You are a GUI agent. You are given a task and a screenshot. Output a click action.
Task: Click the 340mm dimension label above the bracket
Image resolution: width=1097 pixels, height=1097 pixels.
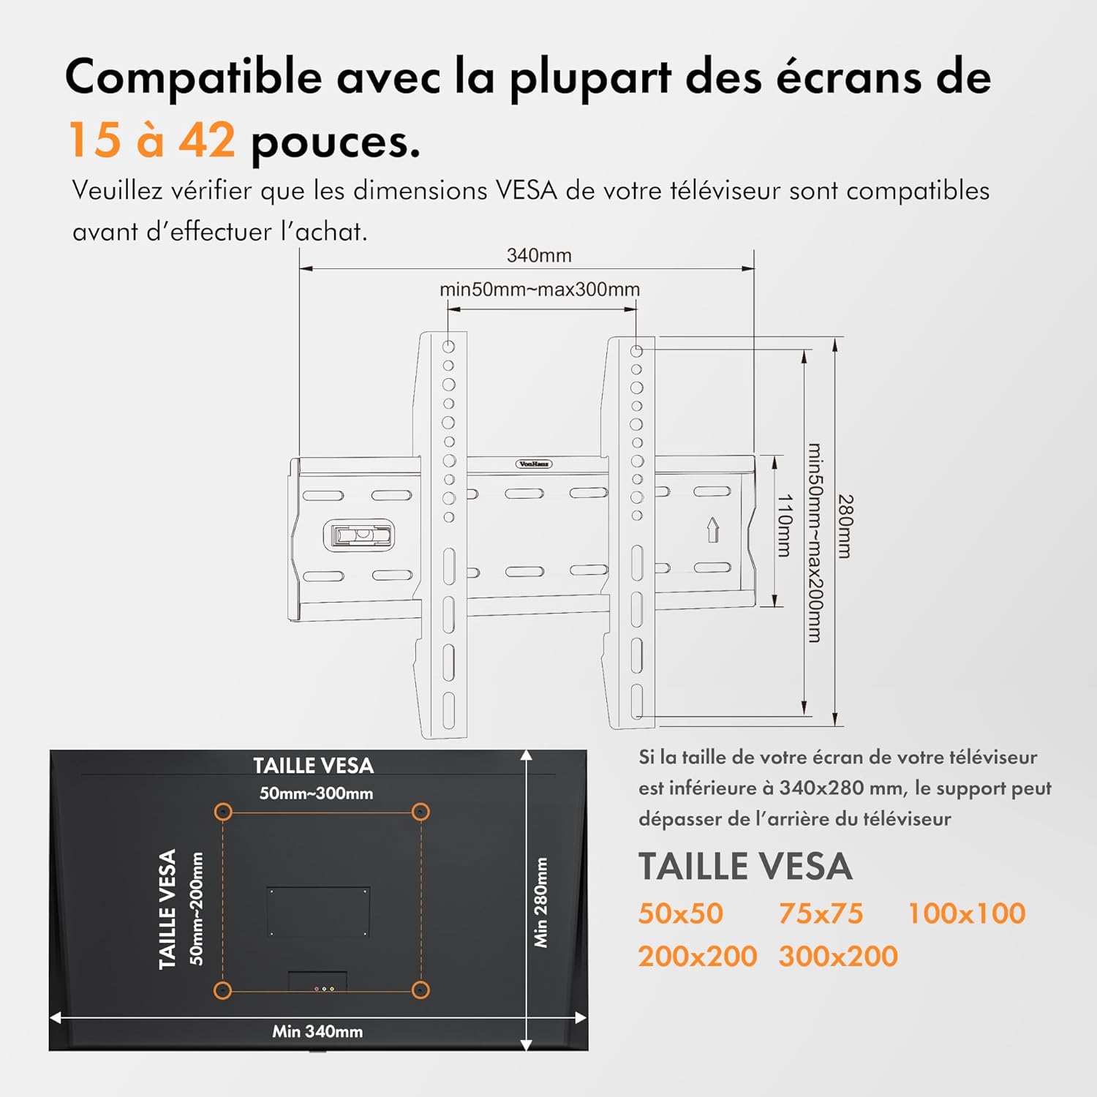coord(539,256)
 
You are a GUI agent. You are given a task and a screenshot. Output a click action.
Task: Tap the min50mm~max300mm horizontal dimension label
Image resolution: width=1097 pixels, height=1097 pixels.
coord(540,290)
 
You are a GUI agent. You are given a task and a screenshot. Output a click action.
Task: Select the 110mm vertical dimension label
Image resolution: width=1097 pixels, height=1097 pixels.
coord(784,525)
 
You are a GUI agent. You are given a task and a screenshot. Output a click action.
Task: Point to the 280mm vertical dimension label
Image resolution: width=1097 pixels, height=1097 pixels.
coord(845,527)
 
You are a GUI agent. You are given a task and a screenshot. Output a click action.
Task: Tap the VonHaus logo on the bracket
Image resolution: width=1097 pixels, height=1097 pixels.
coord(534,464)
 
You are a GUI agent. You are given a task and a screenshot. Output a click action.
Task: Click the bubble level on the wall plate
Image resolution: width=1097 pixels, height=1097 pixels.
coord(358,535)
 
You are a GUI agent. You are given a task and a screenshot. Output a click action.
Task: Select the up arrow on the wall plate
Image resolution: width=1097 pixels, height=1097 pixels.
coord(713,529)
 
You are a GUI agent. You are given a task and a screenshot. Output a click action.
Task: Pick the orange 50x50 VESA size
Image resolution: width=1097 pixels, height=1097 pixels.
coord(680,913)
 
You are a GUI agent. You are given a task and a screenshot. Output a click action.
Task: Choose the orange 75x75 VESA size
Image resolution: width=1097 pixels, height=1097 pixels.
coord(821,913)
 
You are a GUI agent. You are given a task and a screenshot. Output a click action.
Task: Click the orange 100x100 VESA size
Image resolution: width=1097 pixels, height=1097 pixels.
coord(966,913)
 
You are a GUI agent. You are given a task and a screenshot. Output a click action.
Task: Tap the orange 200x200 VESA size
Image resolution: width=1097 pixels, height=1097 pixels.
coord(697,957)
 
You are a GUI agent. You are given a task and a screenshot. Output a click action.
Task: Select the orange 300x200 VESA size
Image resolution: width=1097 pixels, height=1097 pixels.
coord(838,957)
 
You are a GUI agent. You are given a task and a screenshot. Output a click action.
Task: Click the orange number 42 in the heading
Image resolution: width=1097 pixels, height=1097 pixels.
coord(207,140)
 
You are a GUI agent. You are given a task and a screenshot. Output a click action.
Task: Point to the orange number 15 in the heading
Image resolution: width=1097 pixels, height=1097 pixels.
coord(94,140)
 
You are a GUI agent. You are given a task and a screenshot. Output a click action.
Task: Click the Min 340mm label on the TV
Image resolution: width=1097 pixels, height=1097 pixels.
coord(317,1031)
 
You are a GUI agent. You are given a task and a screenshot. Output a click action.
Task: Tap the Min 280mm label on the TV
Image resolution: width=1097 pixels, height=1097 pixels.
coord(541,902)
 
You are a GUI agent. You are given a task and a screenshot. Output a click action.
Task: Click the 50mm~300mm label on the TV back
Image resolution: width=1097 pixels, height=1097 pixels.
coord(316,793)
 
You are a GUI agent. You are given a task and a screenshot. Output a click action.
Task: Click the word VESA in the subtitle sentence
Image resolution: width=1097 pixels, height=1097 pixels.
coord(526,191)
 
